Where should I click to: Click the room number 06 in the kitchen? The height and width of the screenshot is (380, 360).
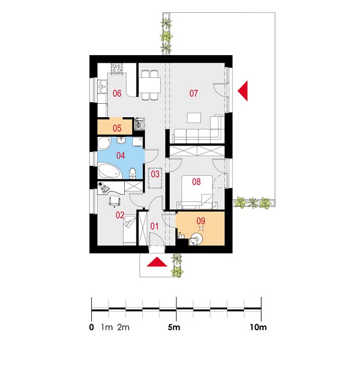[x=117, y=93]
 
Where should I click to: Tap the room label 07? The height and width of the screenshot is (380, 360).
[x=193, y=93]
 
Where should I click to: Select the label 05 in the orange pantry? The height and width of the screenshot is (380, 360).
[x=117, y=128]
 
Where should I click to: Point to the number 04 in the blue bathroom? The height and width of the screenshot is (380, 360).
[x=121, y=155]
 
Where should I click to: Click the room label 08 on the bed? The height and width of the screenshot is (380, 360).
[x=196, y=182]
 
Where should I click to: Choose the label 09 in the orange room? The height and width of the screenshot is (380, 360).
[x=201, y=221]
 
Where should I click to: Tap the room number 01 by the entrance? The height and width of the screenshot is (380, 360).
[x=154, y=226]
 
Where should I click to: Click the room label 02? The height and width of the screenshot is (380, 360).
[x=120, y=215]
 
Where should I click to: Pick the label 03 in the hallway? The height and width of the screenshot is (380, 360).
[x=155, y=174]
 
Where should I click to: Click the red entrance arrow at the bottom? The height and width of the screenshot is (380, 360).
[x=157, y=262]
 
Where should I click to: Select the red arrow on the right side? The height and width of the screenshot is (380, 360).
[x=243, y=91]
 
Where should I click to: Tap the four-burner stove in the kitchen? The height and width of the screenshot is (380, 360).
[x=117, y=68]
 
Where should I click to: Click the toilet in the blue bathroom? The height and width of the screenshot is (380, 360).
[x=132, y=173]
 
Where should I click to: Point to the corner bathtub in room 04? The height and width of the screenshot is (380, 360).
[x=109, y=171]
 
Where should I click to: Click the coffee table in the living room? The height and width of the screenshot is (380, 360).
[x=194, y=118]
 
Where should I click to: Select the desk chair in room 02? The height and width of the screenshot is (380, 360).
[x=114, y=201]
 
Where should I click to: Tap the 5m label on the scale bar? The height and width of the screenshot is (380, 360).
[x=174, y=327]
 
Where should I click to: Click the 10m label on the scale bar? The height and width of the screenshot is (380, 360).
[x=258, y=327]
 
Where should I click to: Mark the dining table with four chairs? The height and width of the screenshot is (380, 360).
[x=150, y=85]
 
